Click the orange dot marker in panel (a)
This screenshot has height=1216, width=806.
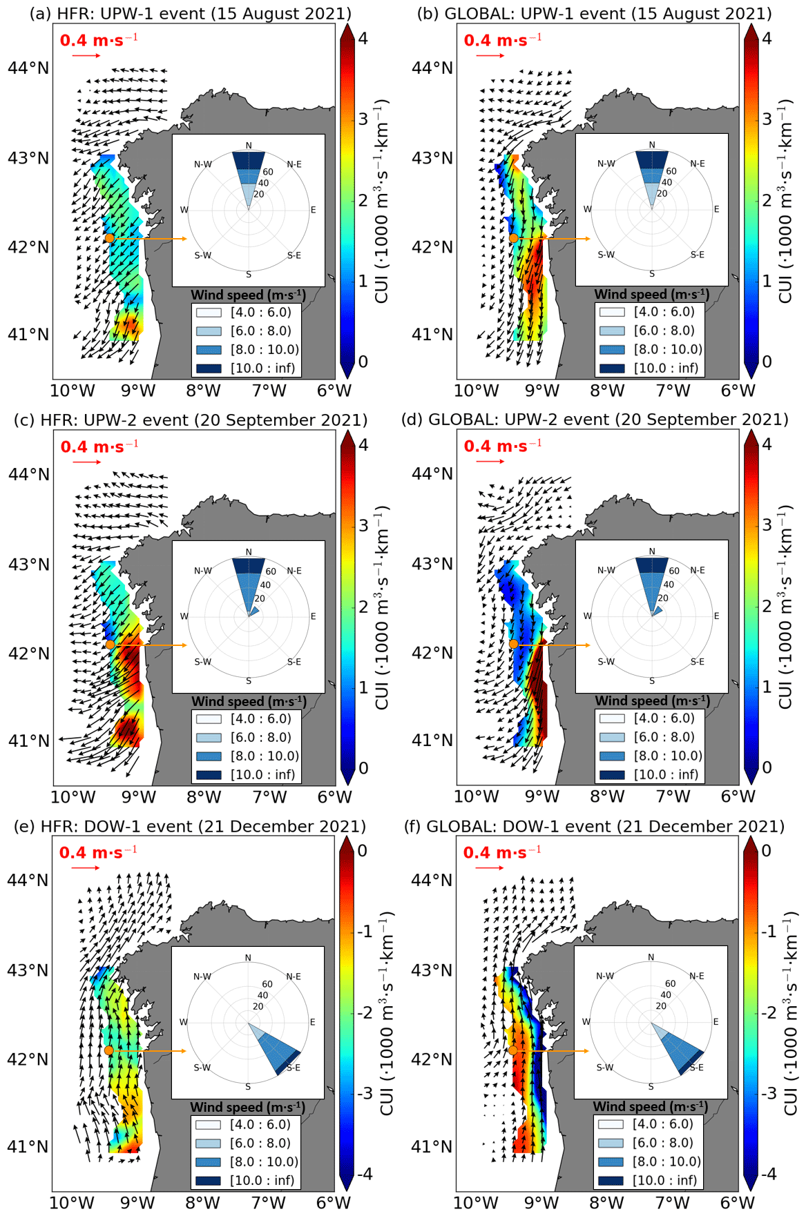pos(110,238)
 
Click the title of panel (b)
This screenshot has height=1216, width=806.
pos(594,13)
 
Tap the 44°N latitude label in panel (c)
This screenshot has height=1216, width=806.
pos(29,474)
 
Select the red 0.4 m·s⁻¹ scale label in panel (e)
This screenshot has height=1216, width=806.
pos(98,852)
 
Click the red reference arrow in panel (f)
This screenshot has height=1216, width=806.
pos(490,867)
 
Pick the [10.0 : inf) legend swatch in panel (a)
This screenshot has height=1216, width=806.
pos(209,369)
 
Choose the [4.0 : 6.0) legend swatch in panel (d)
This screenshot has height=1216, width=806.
pos(612,718)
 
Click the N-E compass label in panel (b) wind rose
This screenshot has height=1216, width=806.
pos(698,164)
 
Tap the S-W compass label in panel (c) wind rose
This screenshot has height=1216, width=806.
pos(202,662)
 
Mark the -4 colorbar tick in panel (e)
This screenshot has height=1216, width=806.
pos(363,1174)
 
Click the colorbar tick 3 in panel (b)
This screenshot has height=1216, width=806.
pos(767,119)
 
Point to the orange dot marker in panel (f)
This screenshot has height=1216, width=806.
pos(513,1050)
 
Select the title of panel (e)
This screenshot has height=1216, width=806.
pos(190,826)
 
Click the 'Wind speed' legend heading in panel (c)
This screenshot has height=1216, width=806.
pos(249,701)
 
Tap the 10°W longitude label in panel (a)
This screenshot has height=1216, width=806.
pos(73,391)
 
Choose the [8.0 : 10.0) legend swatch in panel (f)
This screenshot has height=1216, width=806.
pos(611,1161)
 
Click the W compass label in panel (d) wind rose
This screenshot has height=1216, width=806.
pos(588,616)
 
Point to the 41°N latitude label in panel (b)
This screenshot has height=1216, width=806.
pos(432,335)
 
